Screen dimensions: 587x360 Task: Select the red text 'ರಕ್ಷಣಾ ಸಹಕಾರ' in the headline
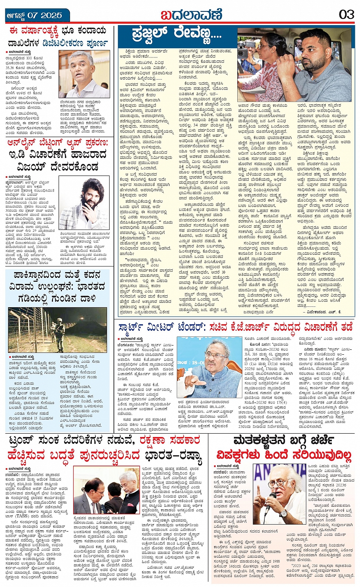point(169,441)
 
